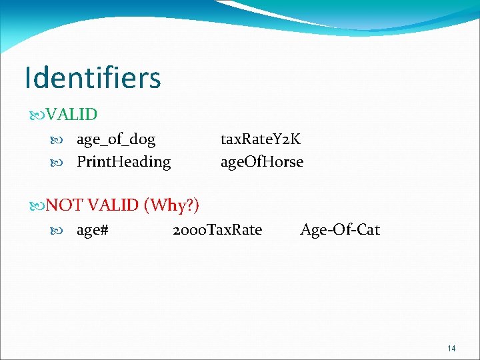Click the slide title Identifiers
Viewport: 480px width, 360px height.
tap(93, 78)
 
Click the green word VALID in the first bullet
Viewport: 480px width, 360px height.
tap(71, 114)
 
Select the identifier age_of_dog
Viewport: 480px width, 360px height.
tap(116, 139)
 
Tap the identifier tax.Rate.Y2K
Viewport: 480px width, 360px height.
tap(261, 139)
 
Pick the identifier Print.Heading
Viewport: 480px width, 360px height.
tap(123, 162)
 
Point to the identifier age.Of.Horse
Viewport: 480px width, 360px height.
tap(262, 162)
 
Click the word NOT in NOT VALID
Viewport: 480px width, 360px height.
tap(65, 205)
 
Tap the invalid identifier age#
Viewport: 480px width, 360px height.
tap(93, 231)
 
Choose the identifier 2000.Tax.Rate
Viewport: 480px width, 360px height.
tap(217, 230)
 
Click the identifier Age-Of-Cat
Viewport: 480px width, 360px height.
tap(340, 230)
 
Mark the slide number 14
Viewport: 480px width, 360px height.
tap(451, 349)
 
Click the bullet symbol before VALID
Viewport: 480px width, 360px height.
tap(37, 115)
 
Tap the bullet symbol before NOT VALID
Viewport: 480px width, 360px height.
tap(37, 205)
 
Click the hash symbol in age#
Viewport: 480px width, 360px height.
tap(104, 231)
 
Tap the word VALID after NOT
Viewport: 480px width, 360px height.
tap(113, 205)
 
